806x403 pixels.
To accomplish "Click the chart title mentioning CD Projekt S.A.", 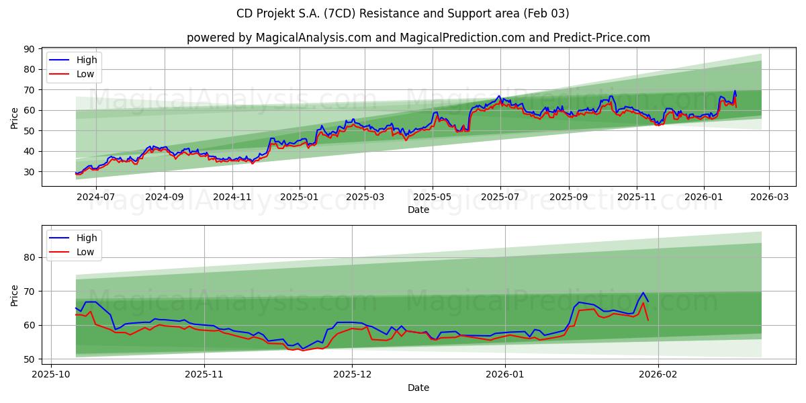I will pyautogui.click(x=402, y=13).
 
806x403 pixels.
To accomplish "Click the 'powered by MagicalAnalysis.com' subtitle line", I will pyautogui.click(x=418, y=38).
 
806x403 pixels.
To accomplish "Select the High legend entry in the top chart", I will pyautogui.click(x=87, y=60).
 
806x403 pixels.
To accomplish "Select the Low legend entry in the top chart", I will pyautogui.click(x=85, y=74).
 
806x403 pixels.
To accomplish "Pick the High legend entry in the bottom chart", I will pyautogui.click(x=87, y=238).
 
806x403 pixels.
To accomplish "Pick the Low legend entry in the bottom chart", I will pyautogui.click(x=85, y=252).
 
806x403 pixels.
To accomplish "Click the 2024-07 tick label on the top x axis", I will pyautogui.click(x=96, y=197).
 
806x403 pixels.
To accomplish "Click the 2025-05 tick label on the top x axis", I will pyautogui.click(x=433, y=197).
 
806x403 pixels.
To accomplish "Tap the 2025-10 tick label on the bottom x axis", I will pyautogui.click(x=52, y=375).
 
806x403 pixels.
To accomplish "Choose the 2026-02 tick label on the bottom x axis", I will pyautogui.click(x=658, y=375).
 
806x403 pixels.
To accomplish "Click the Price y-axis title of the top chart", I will pyautogui.click(x=15, y=118).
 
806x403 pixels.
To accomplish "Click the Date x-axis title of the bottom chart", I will pyautogui.click(x=418, y=388).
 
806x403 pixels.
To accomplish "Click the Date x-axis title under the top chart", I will pyautogui.click(x=418, y=210).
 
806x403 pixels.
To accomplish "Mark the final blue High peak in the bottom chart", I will pyautogui.click(x=643, y=293).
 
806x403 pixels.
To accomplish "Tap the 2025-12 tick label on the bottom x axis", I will pyautogui.click(x=353, y=375).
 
